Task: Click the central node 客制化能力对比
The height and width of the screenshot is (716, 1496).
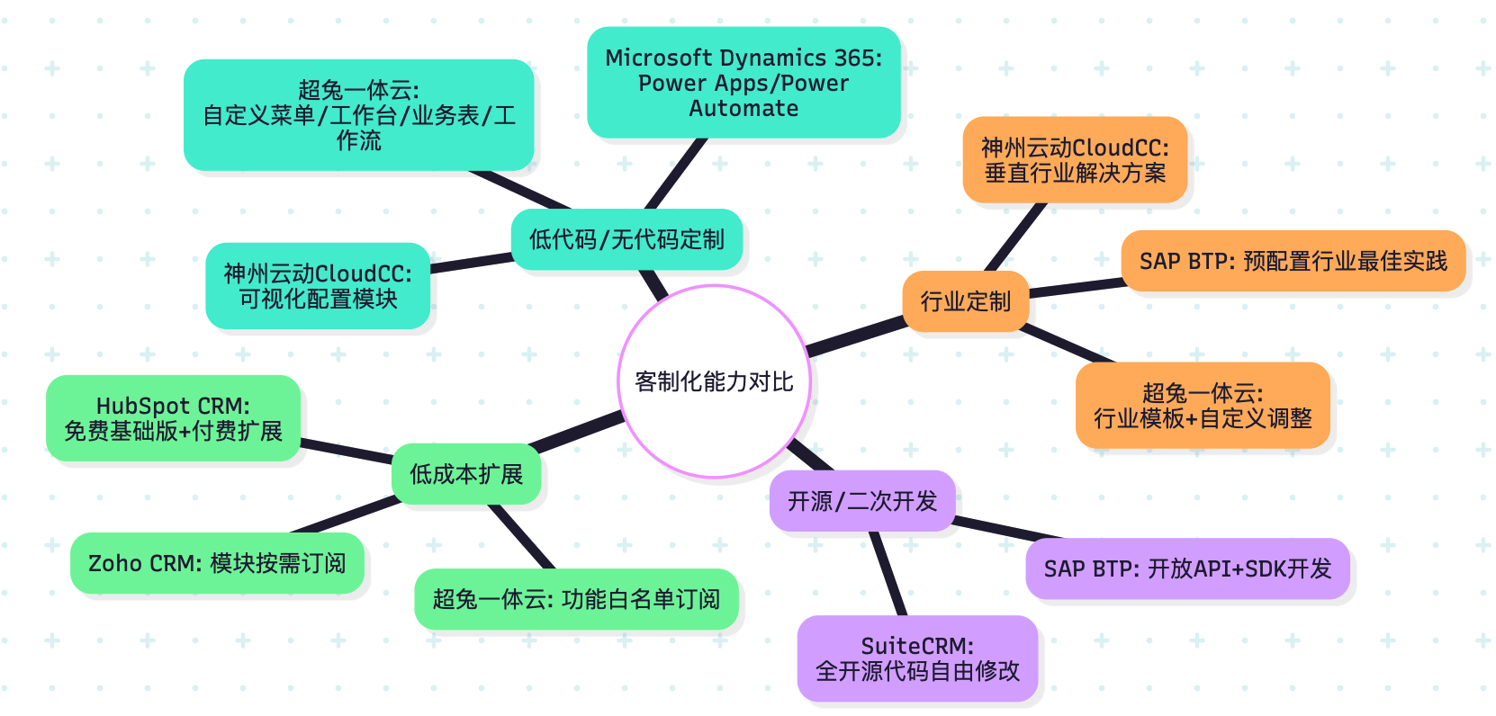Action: click(714, 381)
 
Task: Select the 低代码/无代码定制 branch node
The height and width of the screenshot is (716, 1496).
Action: click(626, 239)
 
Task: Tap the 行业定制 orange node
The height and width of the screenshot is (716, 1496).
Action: click(965, 301)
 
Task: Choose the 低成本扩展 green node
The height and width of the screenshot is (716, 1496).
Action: click(465, 474)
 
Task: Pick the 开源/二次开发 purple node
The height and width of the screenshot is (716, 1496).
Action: click(861, 501)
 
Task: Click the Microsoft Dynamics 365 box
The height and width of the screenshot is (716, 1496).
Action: click(743, 83)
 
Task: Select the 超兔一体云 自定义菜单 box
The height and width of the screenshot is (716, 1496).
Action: click(358, 115)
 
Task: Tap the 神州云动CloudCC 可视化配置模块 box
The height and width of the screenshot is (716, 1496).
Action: click(318, 286)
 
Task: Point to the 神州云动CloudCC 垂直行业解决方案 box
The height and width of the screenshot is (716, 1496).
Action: click(1075, 160)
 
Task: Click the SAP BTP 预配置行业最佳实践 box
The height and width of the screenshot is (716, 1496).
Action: click(1293, 261)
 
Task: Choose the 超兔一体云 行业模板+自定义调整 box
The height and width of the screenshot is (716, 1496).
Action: click(1203, 406)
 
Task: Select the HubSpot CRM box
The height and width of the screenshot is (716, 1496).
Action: click(173, 418)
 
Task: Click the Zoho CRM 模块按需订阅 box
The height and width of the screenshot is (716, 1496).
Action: click(217, 563)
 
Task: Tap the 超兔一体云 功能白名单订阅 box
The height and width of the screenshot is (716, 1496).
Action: click(576, 599)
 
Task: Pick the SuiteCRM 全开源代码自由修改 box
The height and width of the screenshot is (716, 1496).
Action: click(917, 658)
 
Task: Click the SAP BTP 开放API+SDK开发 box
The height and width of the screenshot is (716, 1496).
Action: click(1187, 568)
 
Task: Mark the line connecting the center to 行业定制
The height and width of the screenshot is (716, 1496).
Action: click(856, 336)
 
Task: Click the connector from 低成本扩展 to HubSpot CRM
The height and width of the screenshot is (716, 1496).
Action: click(347, 452)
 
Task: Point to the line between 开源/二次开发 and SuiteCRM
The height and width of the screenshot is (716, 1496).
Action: click(888, 573)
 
